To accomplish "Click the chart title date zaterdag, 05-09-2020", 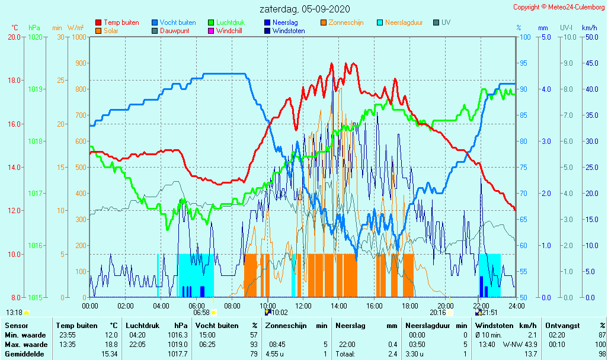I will point(305,9).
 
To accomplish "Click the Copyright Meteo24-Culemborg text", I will point(559,7).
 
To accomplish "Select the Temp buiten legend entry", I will point(121,22).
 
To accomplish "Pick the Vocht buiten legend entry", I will point(177,22).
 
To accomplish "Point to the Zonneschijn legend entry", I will point(345,22).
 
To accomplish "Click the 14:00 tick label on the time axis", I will point(339,306).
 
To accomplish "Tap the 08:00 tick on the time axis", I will point(232,306).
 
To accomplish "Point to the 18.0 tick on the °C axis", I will point(15,81).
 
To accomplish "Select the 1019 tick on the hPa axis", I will point(34,89).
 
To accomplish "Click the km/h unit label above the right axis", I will point(589,28).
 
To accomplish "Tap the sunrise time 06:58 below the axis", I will point(201,313).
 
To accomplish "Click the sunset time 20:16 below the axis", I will point(438,313).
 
